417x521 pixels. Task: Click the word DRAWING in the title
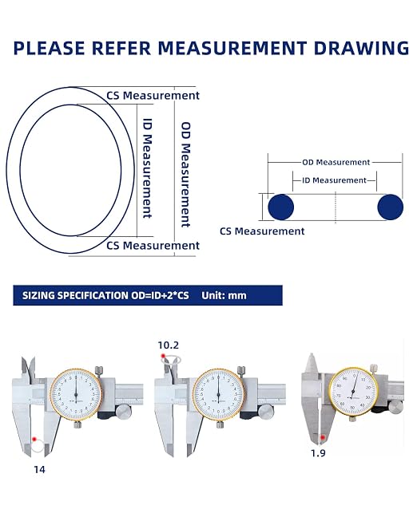(x=361, y=48)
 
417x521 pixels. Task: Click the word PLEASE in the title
(x=50, y=48)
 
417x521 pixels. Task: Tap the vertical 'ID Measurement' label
(x=148, y=168)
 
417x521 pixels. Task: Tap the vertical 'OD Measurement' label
(x=185, y=175)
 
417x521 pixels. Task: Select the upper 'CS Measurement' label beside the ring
(x=153, y=96)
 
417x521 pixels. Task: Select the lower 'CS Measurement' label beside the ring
(x=153, y=246)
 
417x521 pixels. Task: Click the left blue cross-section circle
(x=281, y=207)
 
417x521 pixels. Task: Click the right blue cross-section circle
(x=390, y=207)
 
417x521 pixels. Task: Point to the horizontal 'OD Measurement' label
(x=336, y=163)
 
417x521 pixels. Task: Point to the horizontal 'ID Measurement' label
(x=334, y=180)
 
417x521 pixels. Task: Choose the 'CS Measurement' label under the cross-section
(x=262, y=231)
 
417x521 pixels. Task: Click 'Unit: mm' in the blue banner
(x=224, y=295)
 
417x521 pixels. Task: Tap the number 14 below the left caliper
(x=39, y=469)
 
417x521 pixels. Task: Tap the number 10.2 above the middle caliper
(x=168, y=345)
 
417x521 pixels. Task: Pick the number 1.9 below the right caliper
(x=318, y=453)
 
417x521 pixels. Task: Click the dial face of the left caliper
(x=76, y=394)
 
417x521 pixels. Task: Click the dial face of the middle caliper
(x=218, y=394)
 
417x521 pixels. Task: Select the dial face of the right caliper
(x=353, y=391)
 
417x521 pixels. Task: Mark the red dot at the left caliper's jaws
(x=34, y=440)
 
